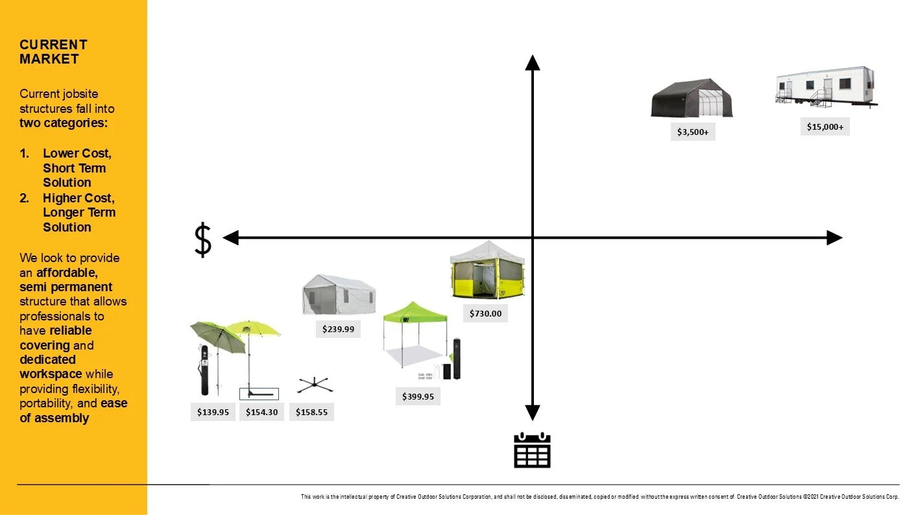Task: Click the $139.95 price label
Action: (213, 412)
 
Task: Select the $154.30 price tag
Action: (262, 412)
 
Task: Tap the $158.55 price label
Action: (311, 412)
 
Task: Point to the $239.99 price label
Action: (339, 329)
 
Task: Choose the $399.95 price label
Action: (418, 396)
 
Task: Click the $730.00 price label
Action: (486, 314)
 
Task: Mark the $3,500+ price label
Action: (693, 132)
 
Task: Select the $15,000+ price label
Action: (825, 126)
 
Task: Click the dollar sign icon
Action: (203, 239)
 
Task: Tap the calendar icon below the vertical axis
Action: (532, 450)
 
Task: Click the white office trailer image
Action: (826, 86)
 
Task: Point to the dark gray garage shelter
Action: (692, 99)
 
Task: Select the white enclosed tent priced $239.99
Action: (338, 294)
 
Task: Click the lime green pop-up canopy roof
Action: (415, 313)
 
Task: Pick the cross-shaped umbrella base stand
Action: (315, 385)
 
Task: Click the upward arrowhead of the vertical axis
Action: (533, 62)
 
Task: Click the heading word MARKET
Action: (49, 59)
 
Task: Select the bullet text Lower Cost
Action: (77, 154)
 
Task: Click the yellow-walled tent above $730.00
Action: (487, 270)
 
